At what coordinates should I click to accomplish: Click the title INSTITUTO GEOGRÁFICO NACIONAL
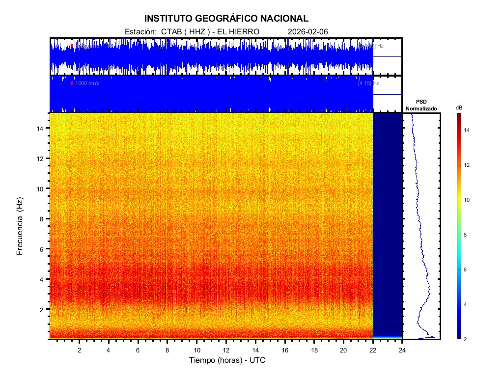coord(226,19)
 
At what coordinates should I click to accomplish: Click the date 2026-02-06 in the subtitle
coord(308,31)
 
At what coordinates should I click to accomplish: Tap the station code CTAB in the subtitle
coord(170,31)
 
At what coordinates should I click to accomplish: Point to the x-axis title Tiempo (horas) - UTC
coord(227,360)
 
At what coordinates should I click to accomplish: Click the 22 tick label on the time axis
coord(373,350)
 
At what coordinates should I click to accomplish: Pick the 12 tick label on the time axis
coord(226,350)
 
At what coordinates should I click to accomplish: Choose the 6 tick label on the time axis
coord(138,350)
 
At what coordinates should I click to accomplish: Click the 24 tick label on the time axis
coord(402,350)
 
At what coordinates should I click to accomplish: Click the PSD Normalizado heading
coord(421,105)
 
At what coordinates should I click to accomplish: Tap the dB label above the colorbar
coord(458,108)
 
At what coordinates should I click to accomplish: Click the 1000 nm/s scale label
coord(87,83)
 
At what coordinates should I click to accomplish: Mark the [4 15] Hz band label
coord(368,83)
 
